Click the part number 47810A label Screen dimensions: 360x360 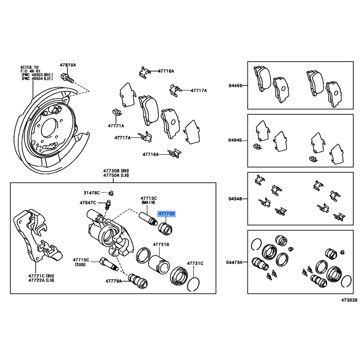point(68,65)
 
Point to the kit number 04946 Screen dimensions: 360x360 point(235,140)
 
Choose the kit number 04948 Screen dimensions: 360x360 point(235,198)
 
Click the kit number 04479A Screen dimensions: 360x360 point(234,261)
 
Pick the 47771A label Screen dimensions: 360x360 point(116,126)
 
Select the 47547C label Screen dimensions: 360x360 point(88,203)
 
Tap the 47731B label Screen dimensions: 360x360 point(161,244)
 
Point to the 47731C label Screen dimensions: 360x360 point(195,262)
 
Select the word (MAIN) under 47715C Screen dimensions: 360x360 point(148,203)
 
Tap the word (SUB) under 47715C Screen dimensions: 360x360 point(82,265)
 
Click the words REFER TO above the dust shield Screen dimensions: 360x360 point(31,66)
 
